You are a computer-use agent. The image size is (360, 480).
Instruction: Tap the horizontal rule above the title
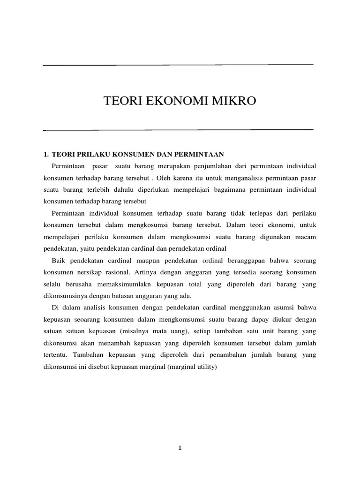click(178, 65)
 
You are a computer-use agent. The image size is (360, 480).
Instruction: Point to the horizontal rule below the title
click(178, 129)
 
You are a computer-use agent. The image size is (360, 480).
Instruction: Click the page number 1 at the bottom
click(180, 448)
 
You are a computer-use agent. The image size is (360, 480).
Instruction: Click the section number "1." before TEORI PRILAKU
click(46, 154)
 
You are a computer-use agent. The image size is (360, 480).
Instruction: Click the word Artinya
click(141, 272)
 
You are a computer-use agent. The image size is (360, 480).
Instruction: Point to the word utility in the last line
click(207, 367)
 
